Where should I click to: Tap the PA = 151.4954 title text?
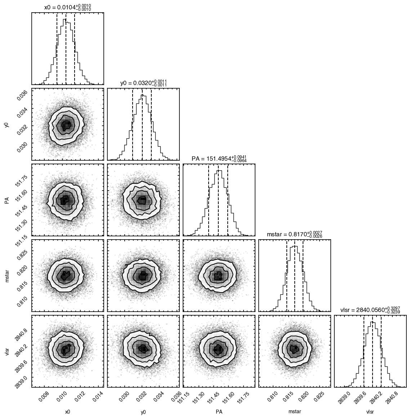219,159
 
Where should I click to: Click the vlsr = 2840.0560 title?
370,310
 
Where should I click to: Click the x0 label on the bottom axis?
68,412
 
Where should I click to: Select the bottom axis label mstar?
295,412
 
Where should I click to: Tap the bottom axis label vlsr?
370,412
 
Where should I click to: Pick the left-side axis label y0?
7,125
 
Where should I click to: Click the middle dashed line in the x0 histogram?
66,49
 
